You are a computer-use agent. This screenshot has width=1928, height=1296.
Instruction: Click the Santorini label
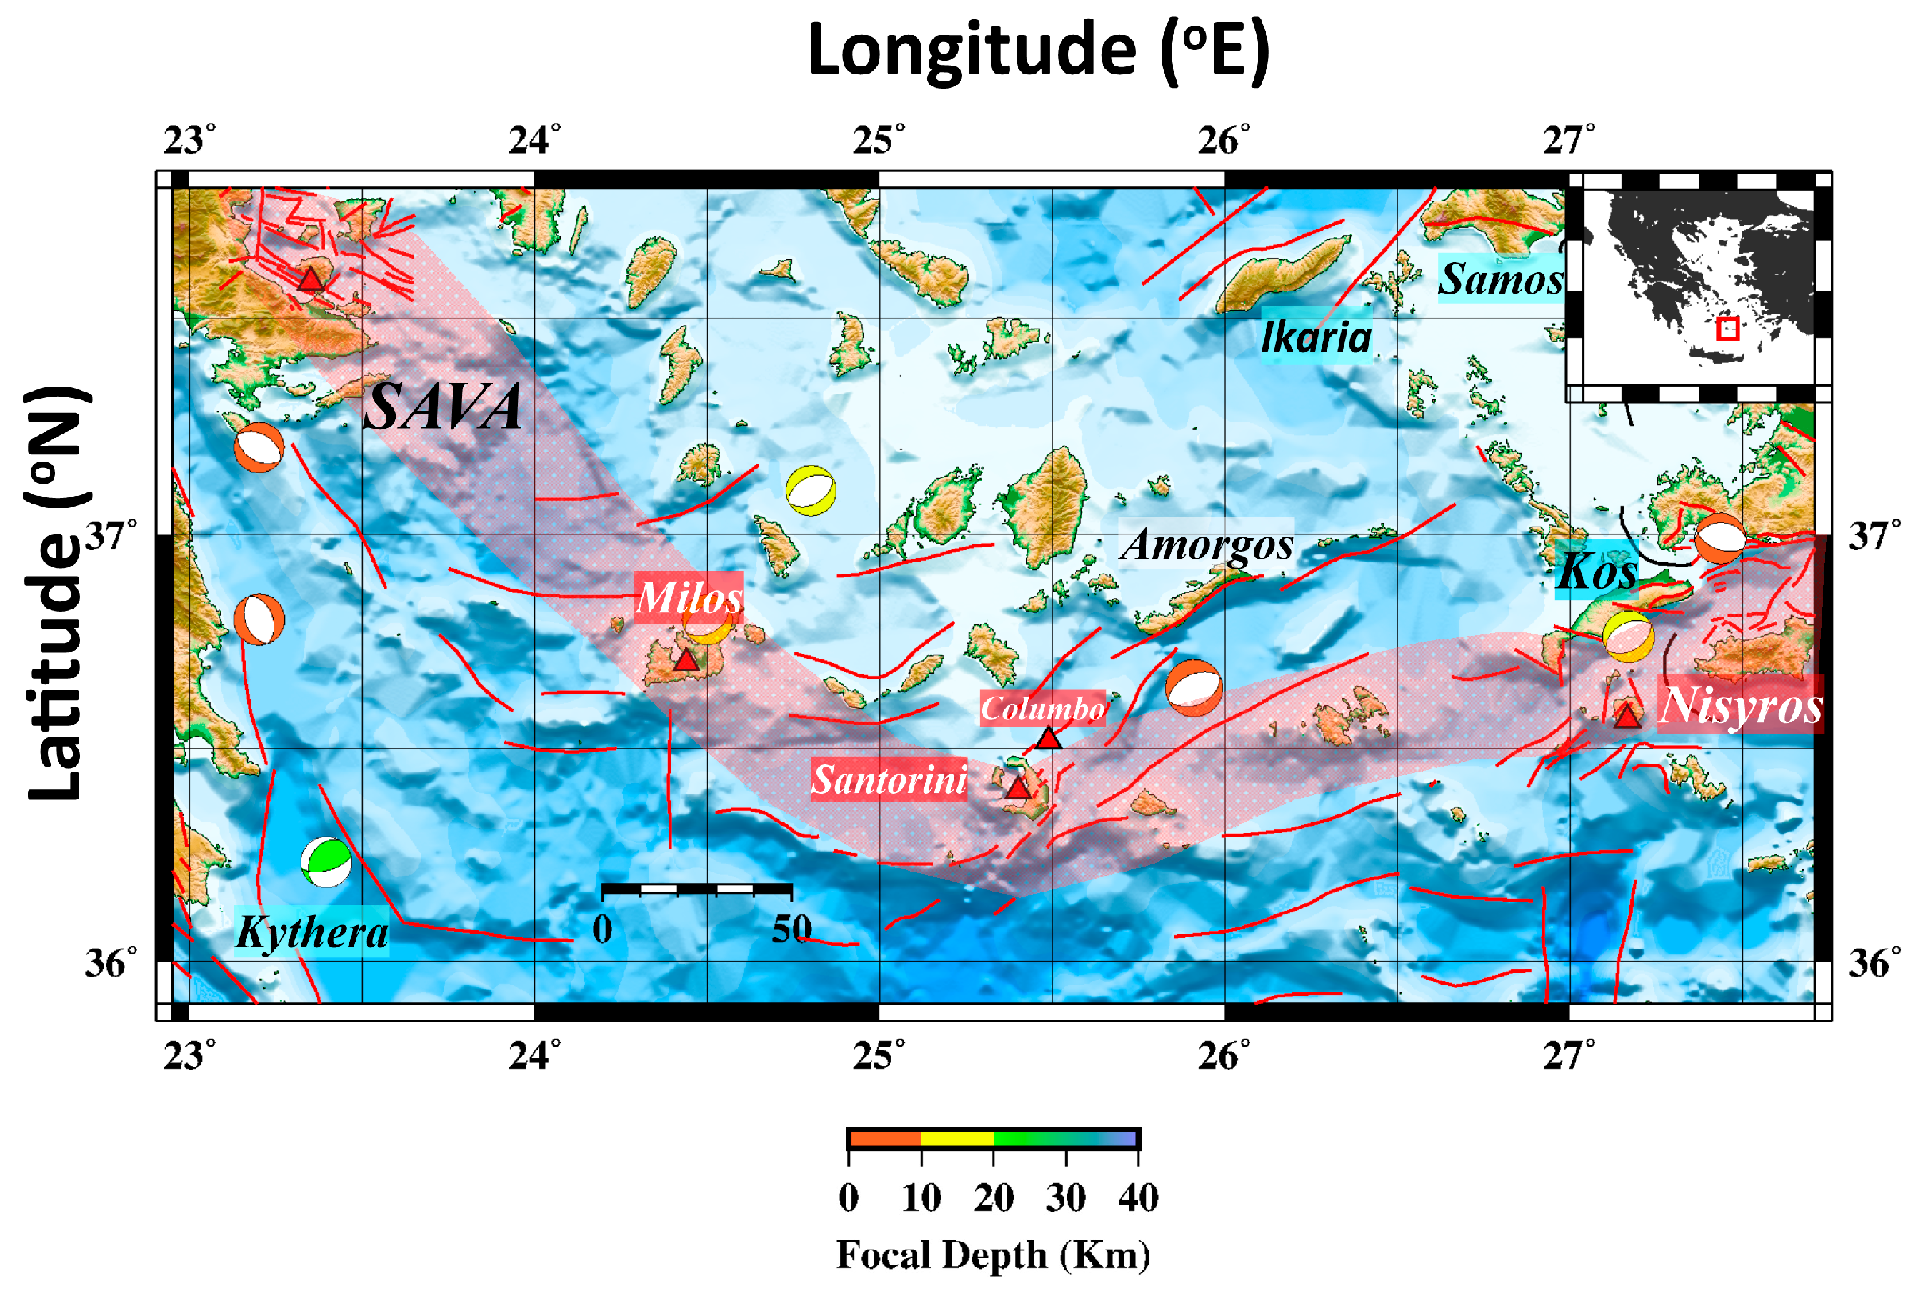[x=889, y=779]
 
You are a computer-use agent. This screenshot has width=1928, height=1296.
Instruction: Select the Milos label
[x=689, y=597]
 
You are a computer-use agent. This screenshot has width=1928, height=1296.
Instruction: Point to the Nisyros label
[x=1739, y=705]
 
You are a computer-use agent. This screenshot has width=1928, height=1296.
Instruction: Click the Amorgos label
[x=1207, y=544]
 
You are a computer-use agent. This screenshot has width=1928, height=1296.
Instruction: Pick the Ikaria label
[x=1316, y=337]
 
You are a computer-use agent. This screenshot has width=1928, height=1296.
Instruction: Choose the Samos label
[x=1500, y=279]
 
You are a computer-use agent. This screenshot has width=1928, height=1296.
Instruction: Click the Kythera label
[x=311, y=932]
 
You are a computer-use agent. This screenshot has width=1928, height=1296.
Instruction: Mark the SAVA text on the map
[x=443, y=407]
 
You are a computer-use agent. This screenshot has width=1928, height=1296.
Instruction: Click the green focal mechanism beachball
[x=326, y=862]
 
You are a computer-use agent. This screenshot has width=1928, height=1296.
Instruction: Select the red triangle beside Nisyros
[x=1627, y=716]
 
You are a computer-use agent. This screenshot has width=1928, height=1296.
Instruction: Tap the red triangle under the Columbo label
[x=1048, y=738]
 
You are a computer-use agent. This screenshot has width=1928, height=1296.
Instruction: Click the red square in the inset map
[x=1727, y=328]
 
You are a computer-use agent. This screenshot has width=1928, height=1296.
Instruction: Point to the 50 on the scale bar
[x=791, y=929]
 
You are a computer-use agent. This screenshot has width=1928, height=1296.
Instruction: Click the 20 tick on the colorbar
[x=994, y=1197]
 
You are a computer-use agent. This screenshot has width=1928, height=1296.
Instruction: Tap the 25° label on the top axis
[x=879, y=141]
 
